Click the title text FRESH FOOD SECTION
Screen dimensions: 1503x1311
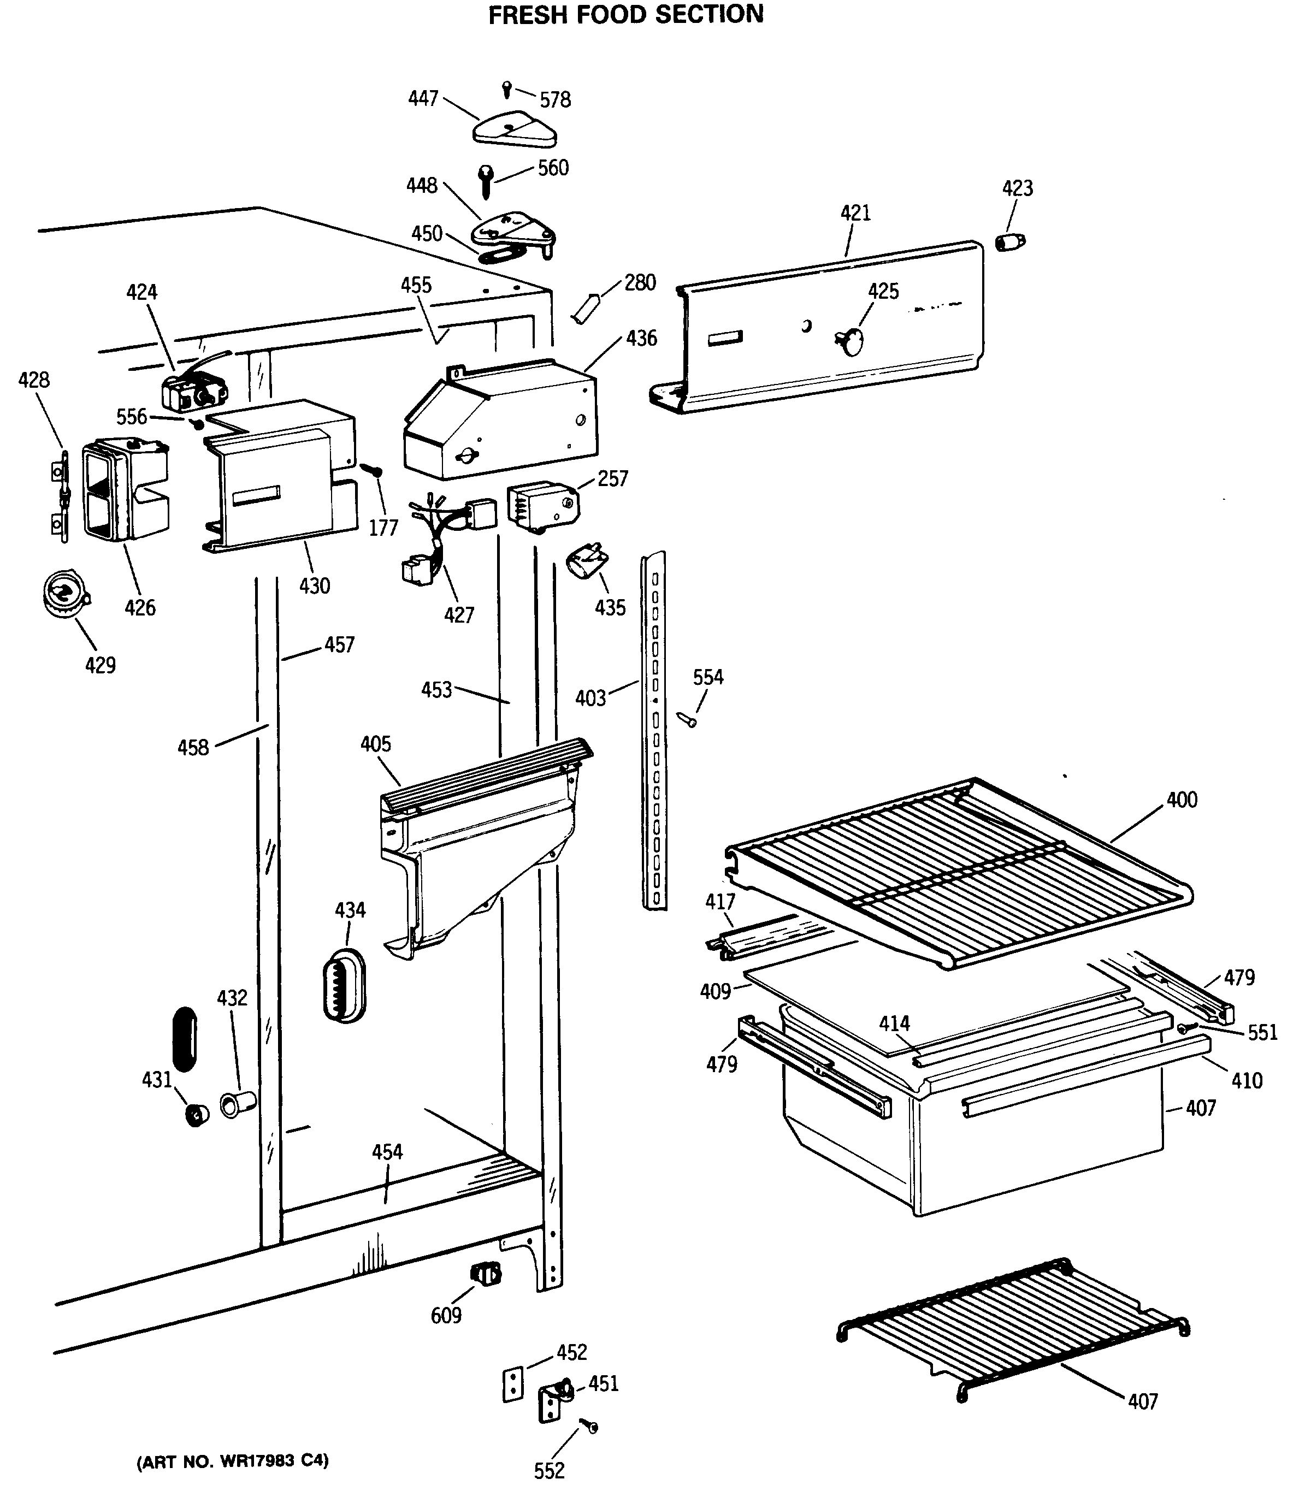pyautogui.click(x=625, y=15)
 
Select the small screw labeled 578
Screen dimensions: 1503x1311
pyautogui.click(x=507, y=89)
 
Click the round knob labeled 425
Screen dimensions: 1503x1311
pyautogui.click(x=850, y=341)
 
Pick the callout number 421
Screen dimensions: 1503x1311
pyautogui.click(x=855, y=214)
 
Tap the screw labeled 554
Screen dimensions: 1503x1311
pyautogui.click(x=688, y=720)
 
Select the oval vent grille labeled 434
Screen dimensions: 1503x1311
pyautogui.click(x=344, y=985)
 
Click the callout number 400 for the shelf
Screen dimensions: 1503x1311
pyautogui.click(x=1182, y=800)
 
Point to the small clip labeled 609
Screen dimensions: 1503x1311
pyautogui.click(x=486, y=1273)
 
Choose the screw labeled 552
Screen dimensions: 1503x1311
pyautogui.click(x=588, y=1425)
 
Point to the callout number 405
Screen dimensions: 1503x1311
pyautogui.click(x=375, y=744)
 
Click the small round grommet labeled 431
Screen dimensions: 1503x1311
pyautogui.click(x=197, y=1115)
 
